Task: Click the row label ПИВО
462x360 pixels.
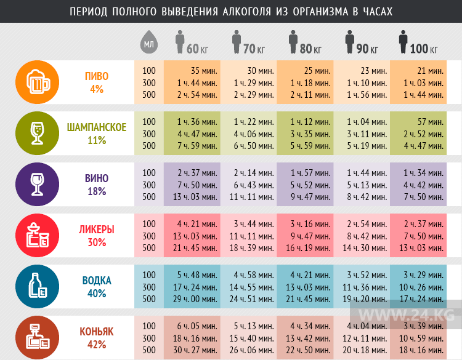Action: point(97,76)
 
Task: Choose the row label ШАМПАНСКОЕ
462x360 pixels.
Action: point(97,127)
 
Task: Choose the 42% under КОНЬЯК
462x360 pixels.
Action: point(97,345)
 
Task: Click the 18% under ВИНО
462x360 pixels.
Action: point(97,191)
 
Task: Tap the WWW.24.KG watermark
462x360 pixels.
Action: point(407,315)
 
